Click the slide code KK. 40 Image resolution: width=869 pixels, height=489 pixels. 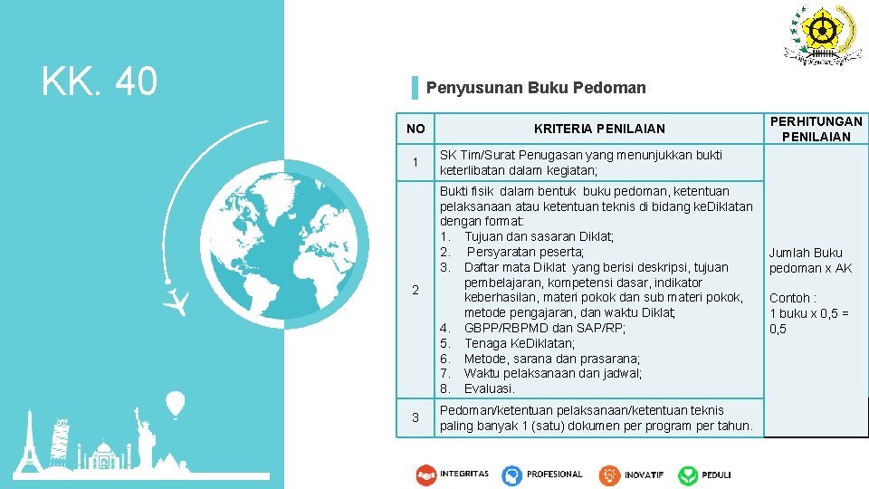(100, 81)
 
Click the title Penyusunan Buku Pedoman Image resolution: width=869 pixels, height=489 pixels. (536, 88)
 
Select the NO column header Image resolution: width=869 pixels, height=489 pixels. (415, 129)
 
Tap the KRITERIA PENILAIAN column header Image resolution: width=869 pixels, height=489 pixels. (599, 129)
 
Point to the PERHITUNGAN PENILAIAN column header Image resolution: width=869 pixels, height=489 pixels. (816, 129)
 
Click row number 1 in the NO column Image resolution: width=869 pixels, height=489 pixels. (415, 163)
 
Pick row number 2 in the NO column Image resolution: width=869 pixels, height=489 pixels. (415, 290)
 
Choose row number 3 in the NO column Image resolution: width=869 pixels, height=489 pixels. (415, 417)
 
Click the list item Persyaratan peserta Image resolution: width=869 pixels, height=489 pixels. (525, 252)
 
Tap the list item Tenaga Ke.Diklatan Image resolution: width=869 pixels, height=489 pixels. (519, 343)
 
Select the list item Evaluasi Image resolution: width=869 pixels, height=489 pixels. (490, 388)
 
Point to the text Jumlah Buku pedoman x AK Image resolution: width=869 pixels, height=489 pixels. (810, 261)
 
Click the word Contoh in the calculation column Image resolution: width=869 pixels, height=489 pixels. (790, 298)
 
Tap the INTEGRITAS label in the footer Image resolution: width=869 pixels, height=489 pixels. (464, 474)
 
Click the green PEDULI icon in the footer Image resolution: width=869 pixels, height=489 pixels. (689, 475)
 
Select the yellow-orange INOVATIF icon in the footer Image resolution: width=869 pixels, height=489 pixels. (609, 475)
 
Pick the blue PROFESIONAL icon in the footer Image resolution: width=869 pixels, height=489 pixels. (512, 475)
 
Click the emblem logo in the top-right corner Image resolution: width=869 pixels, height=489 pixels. (821, 34)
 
